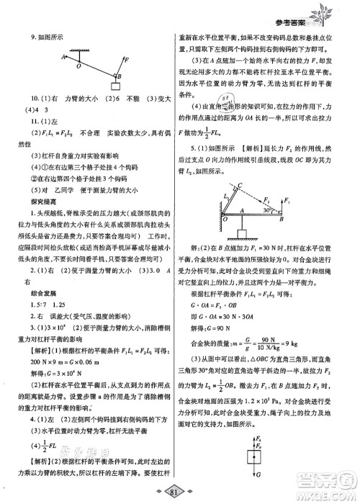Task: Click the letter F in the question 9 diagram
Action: pyautogui.click(x=127, y=60)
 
